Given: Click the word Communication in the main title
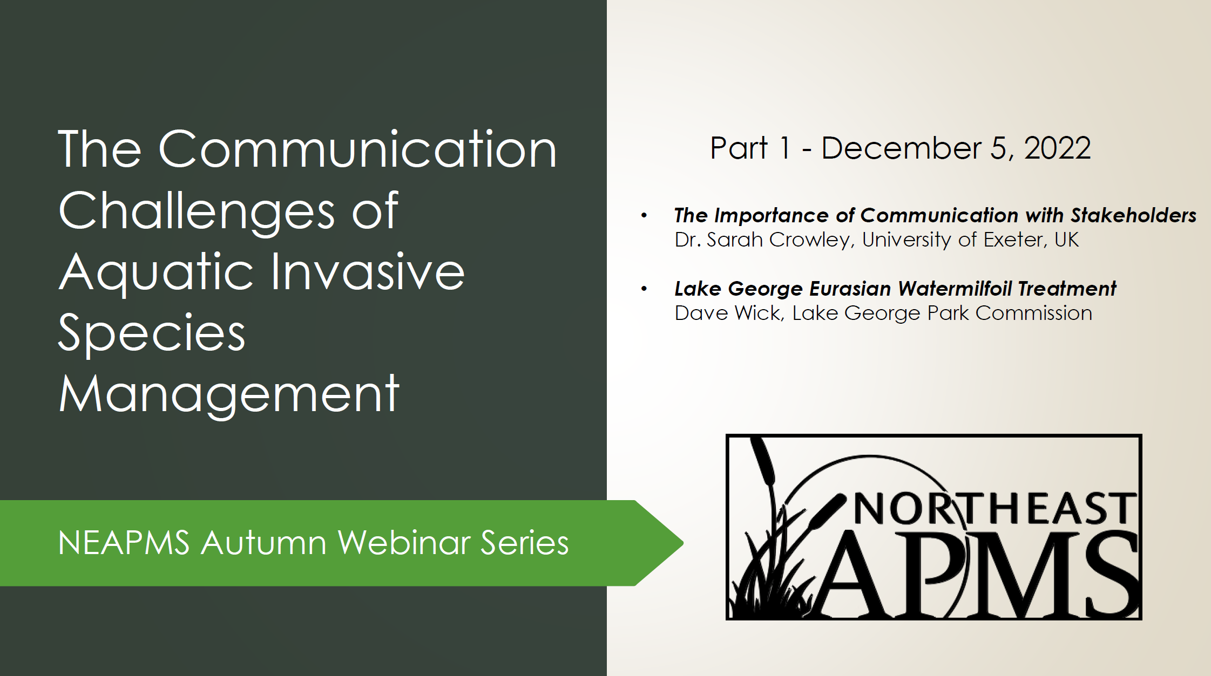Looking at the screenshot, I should tap(357, 149).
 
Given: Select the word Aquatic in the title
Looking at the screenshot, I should tap(157, 272).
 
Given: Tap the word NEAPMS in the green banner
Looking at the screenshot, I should tap(124, 543).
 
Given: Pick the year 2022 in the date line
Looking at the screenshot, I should tap(1057, 148).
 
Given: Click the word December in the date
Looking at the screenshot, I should tap(901, 148).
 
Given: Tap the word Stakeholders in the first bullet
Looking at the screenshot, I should tap(1133, 215).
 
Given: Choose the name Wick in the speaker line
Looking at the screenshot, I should tap(760, 313).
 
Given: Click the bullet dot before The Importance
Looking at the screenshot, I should tap(644, 216).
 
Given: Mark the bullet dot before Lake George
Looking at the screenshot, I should tap(644, 289).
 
